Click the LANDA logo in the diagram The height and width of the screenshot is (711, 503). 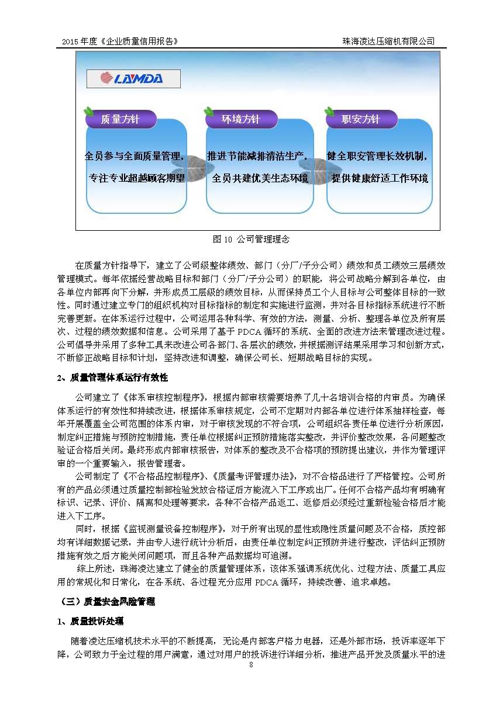click(x=133, y=78)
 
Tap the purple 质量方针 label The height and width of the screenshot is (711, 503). click(x=120, y=120)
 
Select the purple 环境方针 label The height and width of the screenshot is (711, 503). click(x=240, y=120)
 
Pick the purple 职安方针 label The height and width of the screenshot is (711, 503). click(x=361, y=120)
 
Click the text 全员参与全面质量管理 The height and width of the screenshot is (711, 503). click(x=135, y=157)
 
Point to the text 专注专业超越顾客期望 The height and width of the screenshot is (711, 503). click(x=136, y=178)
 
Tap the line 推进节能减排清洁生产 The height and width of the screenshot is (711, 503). click(x=257, y=157)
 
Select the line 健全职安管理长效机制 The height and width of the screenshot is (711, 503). click(x=377, y=157)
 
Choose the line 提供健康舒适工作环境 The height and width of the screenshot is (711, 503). click(x=380, y=178)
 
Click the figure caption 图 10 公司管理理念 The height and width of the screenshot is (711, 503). click(x=251, y=240)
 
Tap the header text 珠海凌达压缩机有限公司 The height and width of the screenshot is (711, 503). click(x=389, y=41)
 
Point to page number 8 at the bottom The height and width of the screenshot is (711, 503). click(x=251, y=665)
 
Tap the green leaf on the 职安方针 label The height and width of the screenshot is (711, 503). click(x=329, y=111)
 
